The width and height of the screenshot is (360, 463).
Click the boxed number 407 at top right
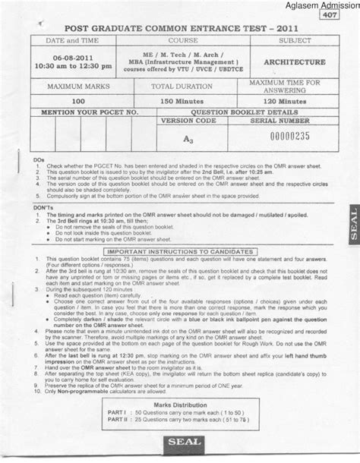330,15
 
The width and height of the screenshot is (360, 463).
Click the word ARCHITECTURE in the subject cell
291,61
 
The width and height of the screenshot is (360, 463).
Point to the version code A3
186,138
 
